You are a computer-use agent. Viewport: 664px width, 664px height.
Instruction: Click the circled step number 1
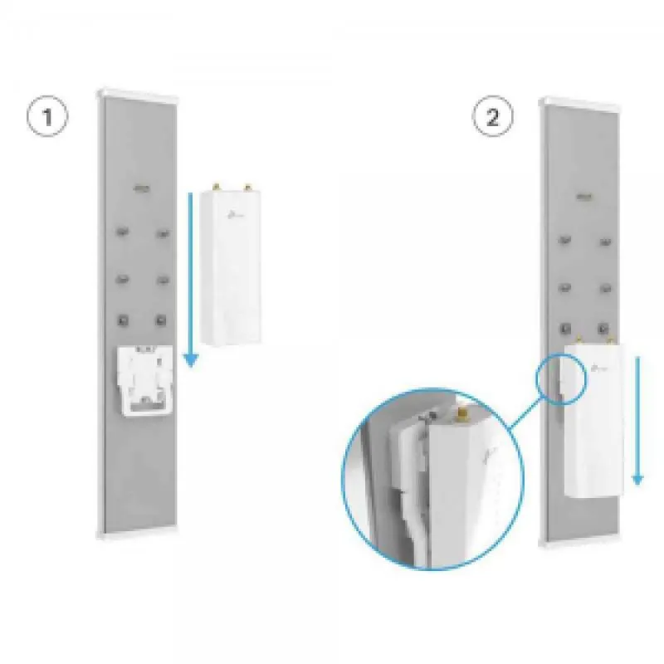pos(47,116)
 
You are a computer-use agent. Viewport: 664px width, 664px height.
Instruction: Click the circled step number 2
pos(492,116)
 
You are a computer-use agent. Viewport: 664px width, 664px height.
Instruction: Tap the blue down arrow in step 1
pos(191,280)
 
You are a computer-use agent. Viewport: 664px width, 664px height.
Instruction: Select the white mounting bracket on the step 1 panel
pos(145,381)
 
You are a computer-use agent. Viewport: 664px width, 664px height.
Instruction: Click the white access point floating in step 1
pos(231,265)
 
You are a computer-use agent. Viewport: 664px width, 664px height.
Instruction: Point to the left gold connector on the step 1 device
pos(217,186)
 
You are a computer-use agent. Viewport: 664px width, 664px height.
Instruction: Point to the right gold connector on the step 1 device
pos(247,186)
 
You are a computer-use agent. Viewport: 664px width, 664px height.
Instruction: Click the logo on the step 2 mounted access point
pos(600,368)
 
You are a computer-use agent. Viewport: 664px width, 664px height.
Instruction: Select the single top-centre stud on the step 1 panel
pos(142,188)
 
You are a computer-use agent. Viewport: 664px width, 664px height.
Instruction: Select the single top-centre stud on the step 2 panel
pos(584,197)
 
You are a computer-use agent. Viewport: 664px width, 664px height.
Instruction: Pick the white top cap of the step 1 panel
pos(138,94)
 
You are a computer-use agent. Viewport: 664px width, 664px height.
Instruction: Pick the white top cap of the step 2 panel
pos(580,102)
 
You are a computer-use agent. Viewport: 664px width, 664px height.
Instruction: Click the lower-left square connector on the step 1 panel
pos(123,320)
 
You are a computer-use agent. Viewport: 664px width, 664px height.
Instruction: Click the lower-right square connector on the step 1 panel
pos(161,320)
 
